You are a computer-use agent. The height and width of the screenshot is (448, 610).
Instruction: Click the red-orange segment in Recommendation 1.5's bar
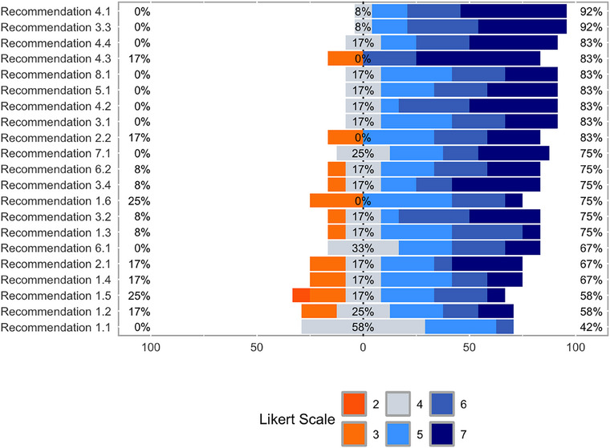coord(301,295)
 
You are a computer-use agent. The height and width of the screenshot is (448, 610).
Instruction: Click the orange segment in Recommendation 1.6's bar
coord(336,200)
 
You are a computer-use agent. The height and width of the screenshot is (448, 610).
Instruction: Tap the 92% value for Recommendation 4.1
coord(592,10)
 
